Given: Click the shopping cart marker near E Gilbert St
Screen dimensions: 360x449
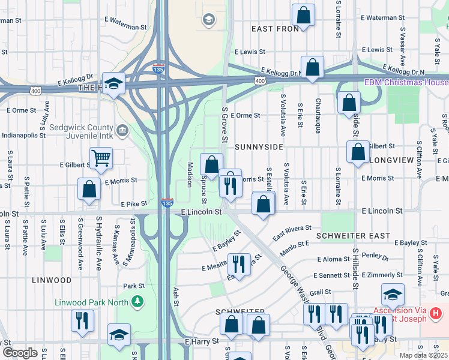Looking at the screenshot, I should [101, 158].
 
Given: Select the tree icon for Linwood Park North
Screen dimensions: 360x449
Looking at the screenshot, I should [139, 300].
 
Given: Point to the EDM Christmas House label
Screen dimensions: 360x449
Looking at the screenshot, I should [406, 82].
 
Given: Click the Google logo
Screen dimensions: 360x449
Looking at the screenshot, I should [20, 353].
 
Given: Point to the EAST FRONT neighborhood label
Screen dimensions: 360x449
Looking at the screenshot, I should [275, 29].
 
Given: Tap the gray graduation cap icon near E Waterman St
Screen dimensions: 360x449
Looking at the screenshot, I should [209, 20].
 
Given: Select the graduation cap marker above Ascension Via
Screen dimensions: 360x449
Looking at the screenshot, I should [393, 295].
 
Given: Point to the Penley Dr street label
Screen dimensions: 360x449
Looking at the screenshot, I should [376, 257].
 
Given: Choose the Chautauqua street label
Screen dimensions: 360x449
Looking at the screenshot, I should [318, 116].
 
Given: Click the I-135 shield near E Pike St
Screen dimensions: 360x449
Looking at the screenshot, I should [167, 204].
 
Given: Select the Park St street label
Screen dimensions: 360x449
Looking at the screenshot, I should [134, 286].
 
